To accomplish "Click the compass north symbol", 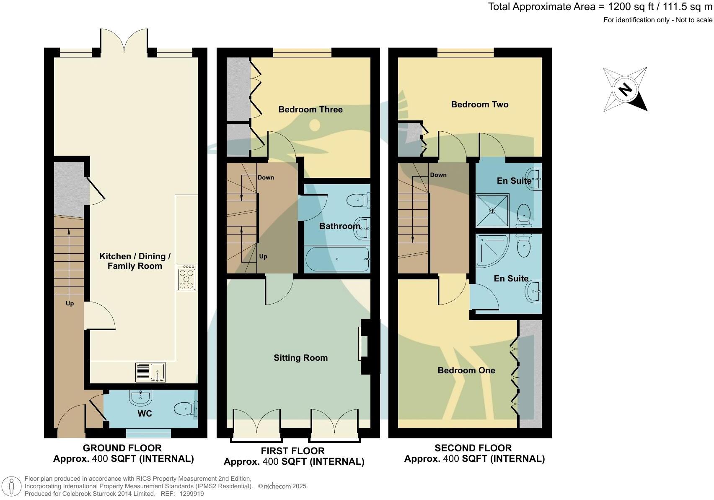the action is pos(625,89).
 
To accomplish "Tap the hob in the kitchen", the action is pos(186,278).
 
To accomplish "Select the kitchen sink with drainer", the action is pos(150,372).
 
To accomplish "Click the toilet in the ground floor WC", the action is pos(186,409).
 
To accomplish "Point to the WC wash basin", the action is pos(140,397).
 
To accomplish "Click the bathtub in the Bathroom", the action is pos(337,259).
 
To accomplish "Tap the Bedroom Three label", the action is pos(310,109).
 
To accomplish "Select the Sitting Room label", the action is pos(300,358).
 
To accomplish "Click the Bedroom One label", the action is pos(466,370).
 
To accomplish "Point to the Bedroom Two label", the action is pos(480,104).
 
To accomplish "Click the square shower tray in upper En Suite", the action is pos(492,210).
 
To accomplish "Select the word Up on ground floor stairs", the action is pos(70,303).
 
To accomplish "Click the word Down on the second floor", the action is pos(438,175).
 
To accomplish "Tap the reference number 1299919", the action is pos(191,494).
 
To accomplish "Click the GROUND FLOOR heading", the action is pos(122,448).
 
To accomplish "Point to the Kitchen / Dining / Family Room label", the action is pos(135,261).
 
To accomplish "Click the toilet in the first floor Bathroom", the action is pos(358,200).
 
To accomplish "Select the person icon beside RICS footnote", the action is pos(11,487).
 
